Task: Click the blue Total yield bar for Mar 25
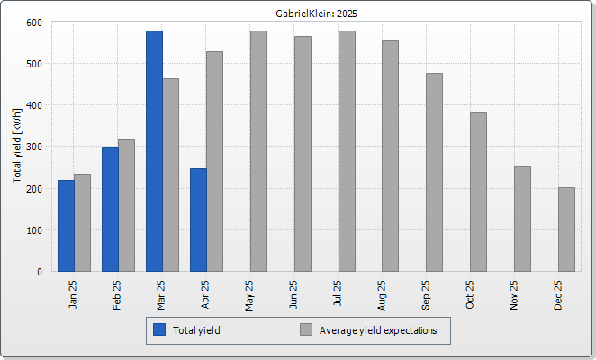click(154, 151)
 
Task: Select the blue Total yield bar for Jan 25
click(66, 226)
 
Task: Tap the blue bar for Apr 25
click(198, 220)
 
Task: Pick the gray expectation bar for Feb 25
click(127, 206)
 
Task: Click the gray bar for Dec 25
click(566, 229)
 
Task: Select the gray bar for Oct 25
click(479, 192)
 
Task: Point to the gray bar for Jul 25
click(347, 151)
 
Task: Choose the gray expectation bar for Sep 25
click(435, 172)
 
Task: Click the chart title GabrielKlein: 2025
click(316, 13)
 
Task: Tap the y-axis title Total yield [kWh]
click(17, 145)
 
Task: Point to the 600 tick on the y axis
click(34, 22)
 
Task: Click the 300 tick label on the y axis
click(34, 147)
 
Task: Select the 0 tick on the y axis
click(40, 272)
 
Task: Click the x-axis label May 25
click(249, 295)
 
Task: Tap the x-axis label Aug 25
click(381, 295)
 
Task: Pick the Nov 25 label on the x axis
click(513, 295)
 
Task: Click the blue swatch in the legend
click(159, 329)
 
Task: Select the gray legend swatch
click(306, 329)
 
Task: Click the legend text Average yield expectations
click(378, 330)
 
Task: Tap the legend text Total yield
click(196, 330)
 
